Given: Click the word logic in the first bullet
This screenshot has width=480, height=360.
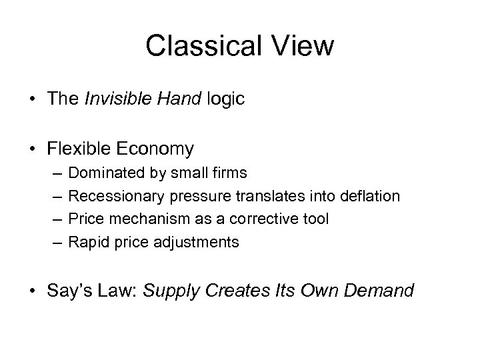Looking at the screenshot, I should pos(227,99).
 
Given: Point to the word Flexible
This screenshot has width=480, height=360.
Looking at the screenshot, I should pos(76,148).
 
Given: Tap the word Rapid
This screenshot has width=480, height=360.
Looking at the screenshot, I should pos(86,242).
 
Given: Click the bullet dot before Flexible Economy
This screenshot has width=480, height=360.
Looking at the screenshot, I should pos(33,149).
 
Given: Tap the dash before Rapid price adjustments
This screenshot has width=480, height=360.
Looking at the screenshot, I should pos(55,242).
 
